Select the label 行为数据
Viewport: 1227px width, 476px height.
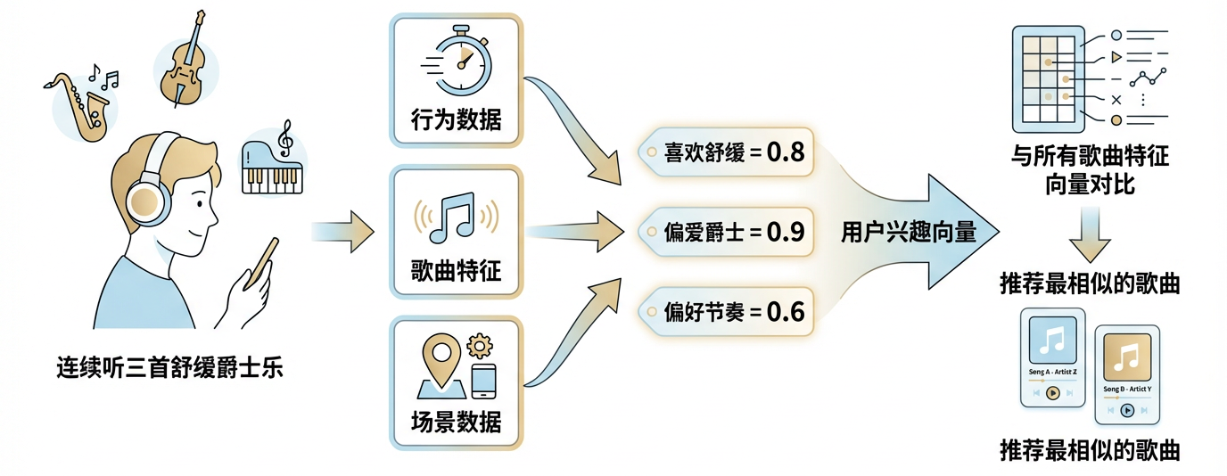pyautogui.click(x=456, y=119)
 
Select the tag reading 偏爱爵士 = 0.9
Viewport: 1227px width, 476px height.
pyautogui.click(x=725, y=233)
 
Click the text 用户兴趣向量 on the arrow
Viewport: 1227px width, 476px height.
pyautogui.click(x=909, y=234)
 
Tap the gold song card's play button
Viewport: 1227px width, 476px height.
pyautogui.click(x=1127, y=410)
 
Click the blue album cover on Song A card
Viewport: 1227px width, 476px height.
pyautogui.click(x=1053, y=340)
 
